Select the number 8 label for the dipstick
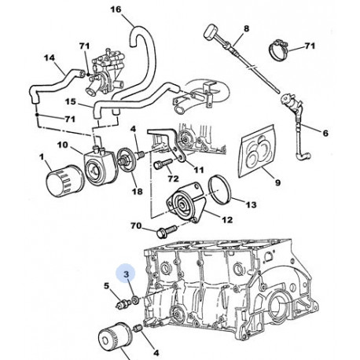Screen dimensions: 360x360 click(x=245, y=29)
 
